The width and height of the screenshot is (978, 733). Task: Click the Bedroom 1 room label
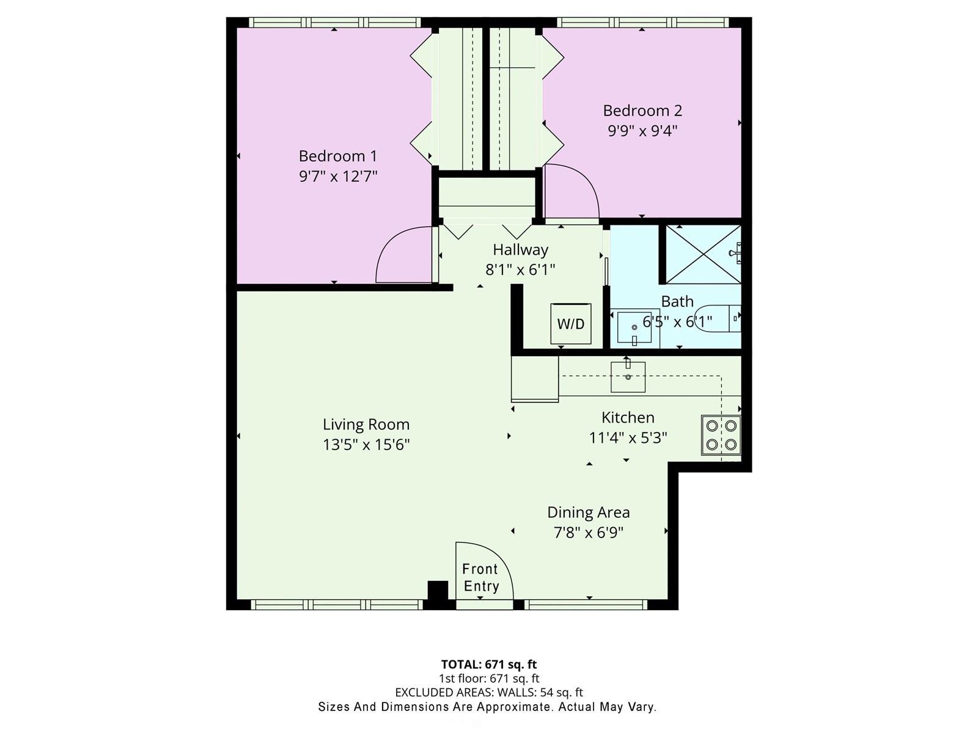338,156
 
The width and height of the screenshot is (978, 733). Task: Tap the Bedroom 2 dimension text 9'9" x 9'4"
642,131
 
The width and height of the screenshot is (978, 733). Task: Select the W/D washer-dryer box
571,324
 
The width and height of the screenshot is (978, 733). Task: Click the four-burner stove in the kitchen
721,436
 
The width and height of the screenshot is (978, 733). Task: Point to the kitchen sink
628,377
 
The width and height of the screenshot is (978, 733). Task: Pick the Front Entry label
480,578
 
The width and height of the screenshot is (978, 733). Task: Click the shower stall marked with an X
703,255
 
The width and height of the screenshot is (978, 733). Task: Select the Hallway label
520,250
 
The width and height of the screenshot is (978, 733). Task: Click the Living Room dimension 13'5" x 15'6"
366,445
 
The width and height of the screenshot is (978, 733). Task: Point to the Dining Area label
589,512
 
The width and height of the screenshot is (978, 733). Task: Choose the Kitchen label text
628,418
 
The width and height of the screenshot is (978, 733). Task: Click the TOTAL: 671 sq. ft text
489,665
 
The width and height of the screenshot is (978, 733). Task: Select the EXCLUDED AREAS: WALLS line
489,693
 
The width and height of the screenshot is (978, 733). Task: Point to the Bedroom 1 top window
334,22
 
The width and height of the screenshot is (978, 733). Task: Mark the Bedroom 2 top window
642,22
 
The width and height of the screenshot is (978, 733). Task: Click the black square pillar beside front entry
438,590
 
